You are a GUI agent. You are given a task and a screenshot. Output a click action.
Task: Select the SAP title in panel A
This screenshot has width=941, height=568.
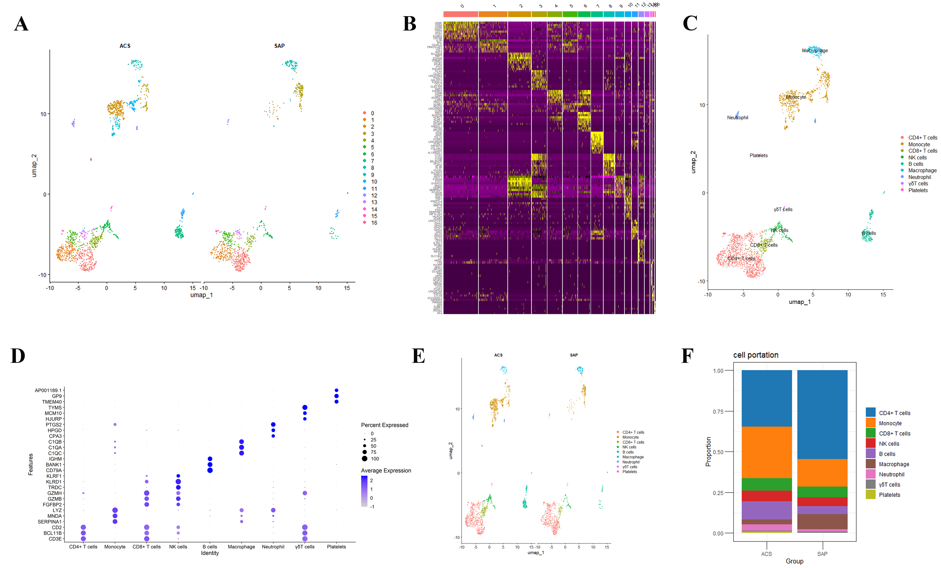coord(279,46)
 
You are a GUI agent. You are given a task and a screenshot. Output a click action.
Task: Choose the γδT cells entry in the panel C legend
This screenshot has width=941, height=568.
coord(918,184)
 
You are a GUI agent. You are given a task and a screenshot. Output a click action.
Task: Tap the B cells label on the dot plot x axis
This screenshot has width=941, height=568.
coord(210,547)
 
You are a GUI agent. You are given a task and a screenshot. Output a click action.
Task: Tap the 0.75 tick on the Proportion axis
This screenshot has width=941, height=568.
coord(718,411)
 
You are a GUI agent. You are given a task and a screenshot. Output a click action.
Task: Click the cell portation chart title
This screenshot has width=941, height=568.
coord(755,355)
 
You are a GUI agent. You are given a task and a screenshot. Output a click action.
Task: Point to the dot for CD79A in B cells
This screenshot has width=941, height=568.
coord(210,470)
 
